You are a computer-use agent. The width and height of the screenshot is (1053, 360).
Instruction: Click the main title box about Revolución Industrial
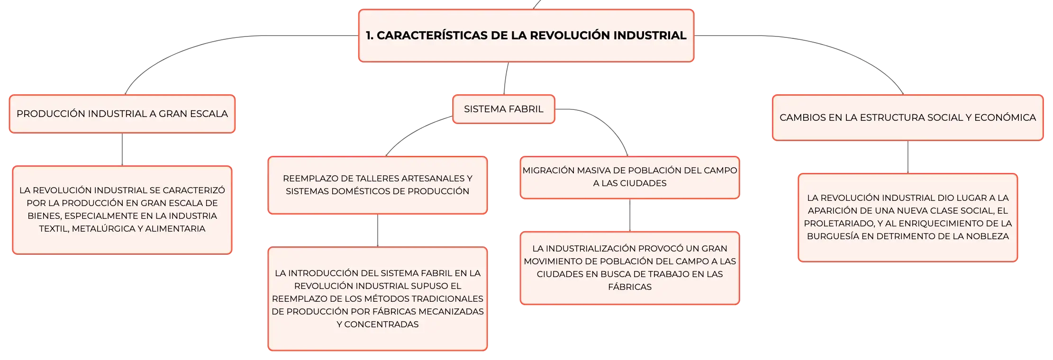[x=526, y=36]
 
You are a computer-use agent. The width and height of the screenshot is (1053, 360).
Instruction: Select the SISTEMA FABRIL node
[x=504, y=109]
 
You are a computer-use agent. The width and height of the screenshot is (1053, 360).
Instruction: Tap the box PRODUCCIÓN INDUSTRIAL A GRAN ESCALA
[x=122, y=114]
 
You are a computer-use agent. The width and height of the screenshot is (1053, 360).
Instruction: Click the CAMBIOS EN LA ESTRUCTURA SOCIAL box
[x=908, y=117]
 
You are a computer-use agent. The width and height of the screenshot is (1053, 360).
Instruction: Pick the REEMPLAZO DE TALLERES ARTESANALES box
[x=378, y=185]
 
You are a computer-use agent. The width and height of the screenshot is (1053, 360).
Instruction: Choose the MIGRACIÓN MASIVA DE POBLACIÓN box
[x=630, y=177]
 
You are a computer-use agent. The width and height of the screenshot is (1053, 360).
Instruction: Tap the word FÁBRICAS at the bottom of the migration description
[x=630, y=287]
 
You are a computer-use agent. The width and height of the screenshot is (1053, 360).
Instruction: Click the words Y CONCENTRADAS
[x=378, y=324]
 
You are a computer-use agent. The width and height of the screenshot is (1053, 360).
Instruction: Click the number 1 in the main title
[x=369, y=36]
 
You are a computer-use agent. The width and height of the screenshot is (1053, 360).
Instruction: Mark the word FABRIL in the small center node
[x=526, y=109]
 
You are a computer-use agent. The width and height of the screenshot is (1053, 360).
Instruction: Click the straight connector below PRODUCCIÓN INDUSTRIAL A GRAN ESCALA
[x=122, y=149]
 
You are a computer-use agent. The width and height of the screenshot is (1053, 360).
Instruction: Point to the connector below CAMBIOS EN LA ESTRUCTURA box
[x=908, y=157]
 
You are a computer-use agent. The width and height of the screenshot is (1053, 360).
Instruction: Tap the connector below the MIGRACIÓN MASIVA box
[x=630, y=215]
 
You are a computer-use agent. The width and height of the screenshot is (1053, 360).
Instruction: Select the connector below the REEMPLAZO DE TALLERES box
[x=378, y=230]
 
